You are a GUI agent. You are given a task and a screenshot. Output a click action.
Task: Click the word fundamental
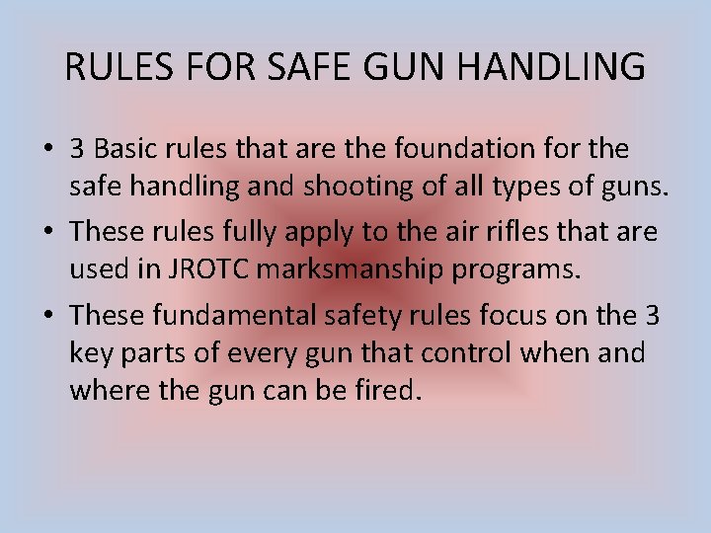tap(229, 315)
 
